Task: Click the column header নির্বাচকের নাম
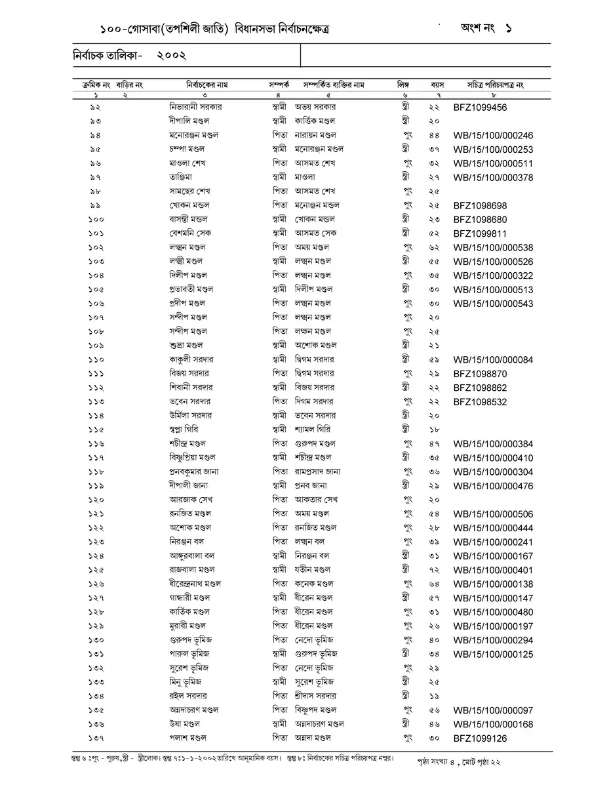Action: [206, 85]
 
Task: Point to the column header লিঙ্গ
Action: [403, 85]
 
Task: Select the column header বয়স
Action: [437, 85]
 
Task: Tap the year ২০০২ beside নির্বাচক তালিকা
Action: [172, 56]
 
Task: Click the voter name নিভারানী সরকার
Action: [195, 106]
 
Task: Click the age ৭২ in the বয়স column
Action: [434, 569]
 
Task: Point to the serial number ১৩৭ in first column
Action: [96, 738]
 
